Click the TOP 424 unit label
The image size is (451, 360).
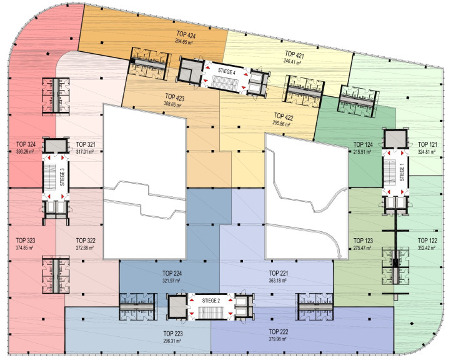pyautogui.click(x=186, y=35)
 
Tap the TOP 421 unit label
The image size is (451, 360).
pyautogui.click(x=294, y=54)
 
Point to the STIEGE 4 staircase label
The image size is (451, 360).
pyautogui.click(x=227, y=71)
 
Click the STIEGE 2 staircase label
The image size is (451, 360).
pyautogui.click(x=211, y=301)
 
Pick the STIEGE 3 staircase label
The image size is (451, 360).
pyautogui.click(x=62, y=177)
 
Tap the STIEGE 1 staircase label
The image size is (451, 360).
pyautogui.click(x=402, y=172)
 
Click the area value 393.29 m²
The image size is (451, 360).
pyautogui.click(x=25, y=151)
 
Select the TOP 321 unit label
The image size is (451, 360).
pyautogui.click(x=86, y=144)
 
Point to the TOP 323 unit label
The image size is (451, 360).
pyautogui.click(x=26, y=240)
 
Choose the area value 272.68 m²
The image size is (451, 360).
pyautogui.click(x=86, y=247)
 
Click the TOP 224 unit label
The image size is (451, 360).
pyautogui.click(x=172, y=273)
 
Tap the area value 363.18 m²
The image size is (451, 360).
pyautogui.click(x=279, y=280)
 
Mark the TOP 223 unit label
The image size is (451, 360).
pyautogui.click(x=173, y=334)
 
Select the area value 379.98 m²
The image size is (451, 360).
pyautogui.click(x=278, y=339)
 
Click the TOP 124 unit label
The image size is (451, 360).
pyautogui.click(x=363, y=144)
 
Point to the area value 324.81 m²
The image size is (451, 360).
pyautogui.click(x=427, y=151)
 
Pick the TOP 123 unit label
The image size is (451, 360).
pyautogui.click(x=363, y=240)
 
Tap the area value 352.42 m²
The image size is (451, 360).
pyautogui.click(x=427, y=247)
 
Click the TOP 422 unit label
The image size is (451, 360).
pyautogui.click(x=284, y=116)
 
